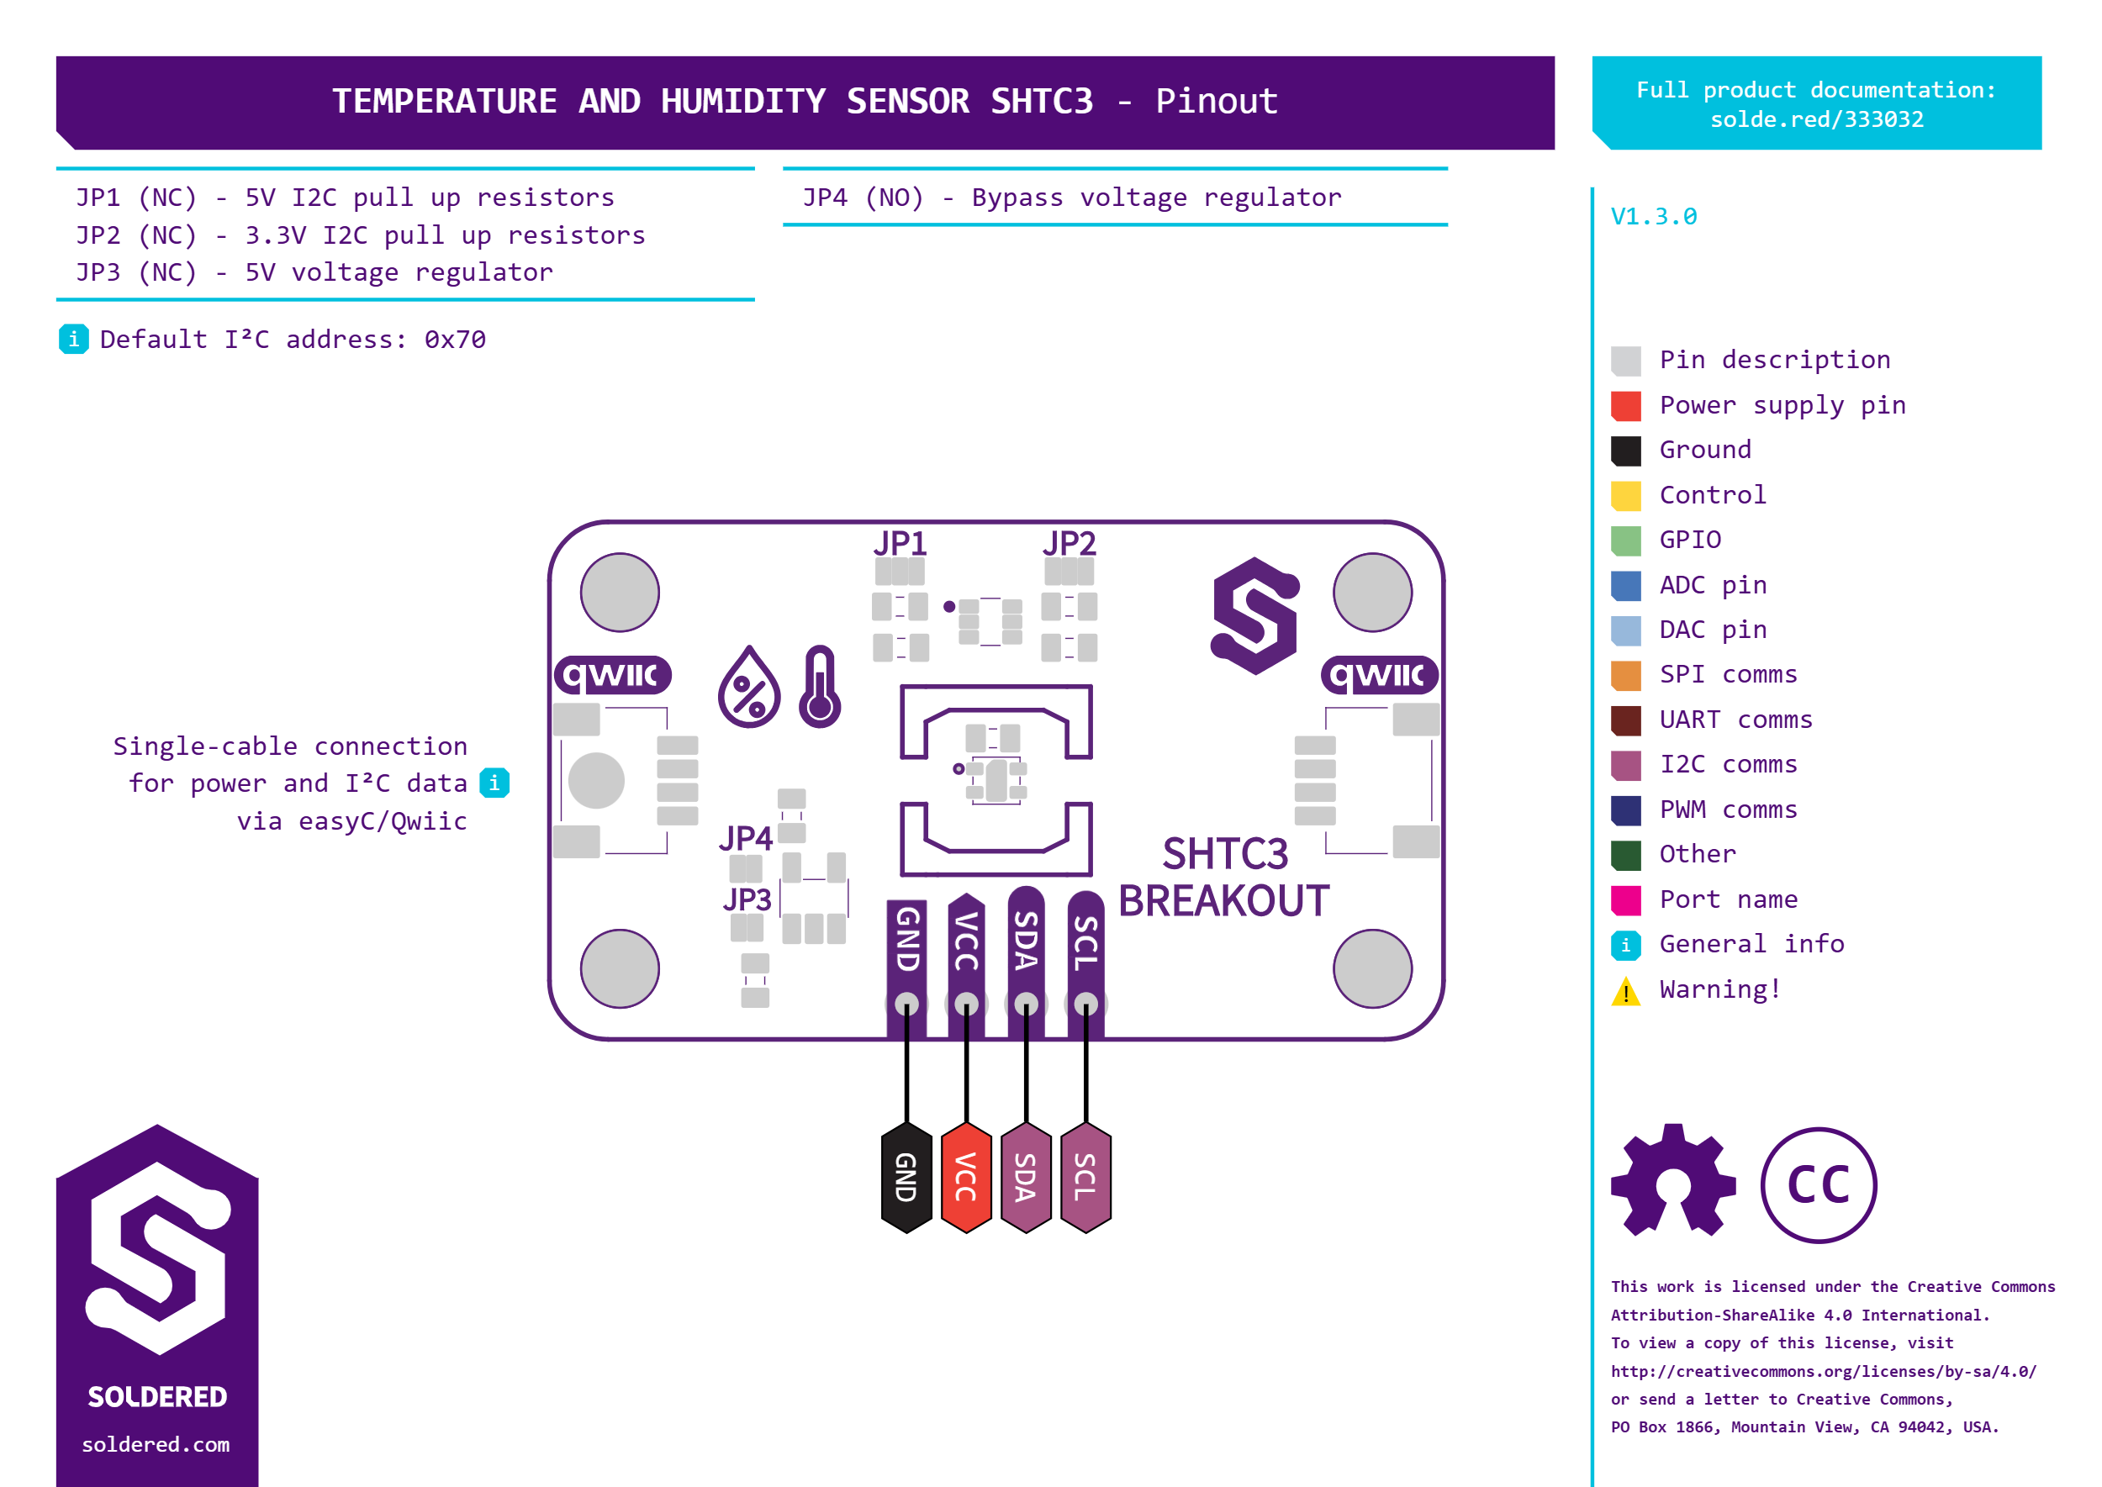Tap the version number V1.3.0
(1653, 217)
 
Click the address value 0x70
(454, 340)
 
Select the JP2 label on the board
(1069, 544)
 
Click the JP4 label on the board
(746, 838)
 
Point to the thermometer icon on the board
(820, 687)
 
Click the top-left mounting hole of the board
(620, 593)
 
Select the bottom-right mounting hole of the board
(1372, 968)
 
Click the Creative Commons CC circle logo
(1818, 1185)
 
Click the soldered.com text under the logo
(156, 1445)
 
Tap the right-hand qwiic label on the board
(1378, 676)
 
